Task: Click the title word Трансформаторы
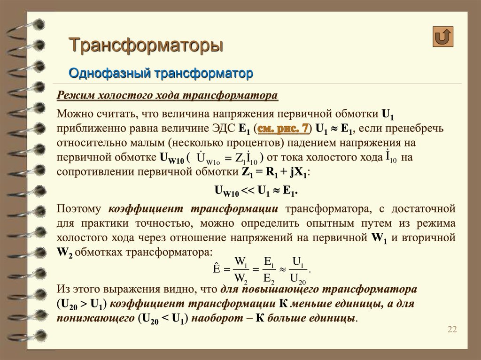coord(146,46)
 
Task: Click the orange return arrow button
coord(443,37)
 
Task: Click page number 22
coord(452,329)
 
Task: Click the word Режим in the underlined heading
coord(75,96)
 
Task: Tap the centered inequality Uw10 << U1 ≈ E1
coord(256,191)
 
